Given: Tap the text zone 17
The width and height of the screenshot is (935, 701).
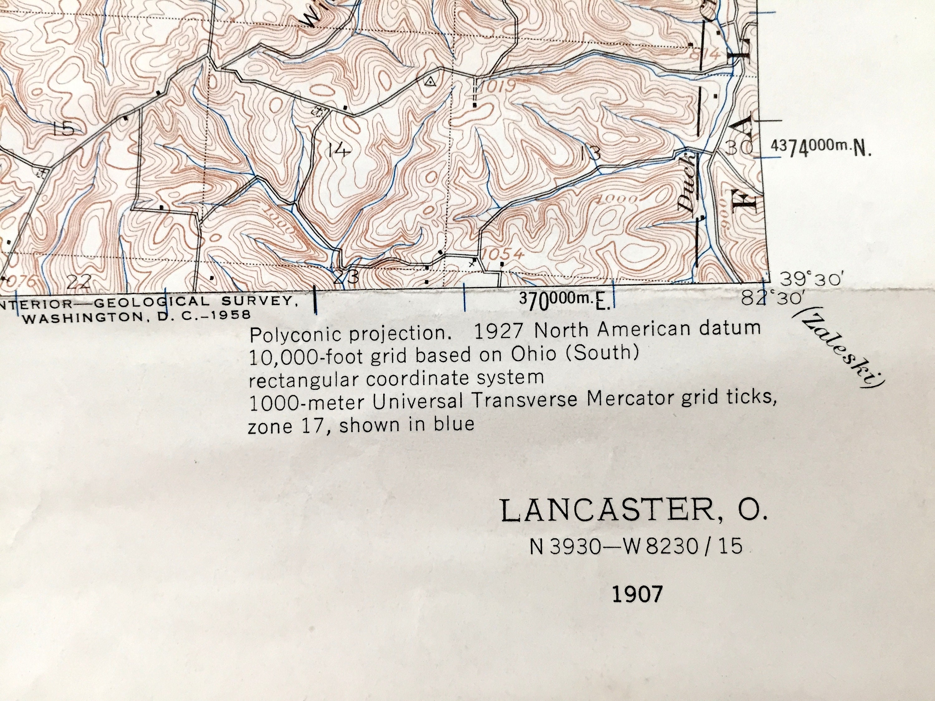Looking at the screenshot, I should click(289, 426).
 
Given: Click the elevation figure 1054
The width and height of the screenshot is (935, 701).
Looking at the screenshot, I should click(503, 254).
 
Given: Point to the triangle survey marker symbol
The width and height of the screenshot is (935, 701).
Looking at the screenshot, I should click(430, 82).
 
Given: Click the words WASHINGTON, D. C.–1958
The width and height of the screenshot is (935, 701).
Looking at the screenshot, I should click(136, 316).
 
